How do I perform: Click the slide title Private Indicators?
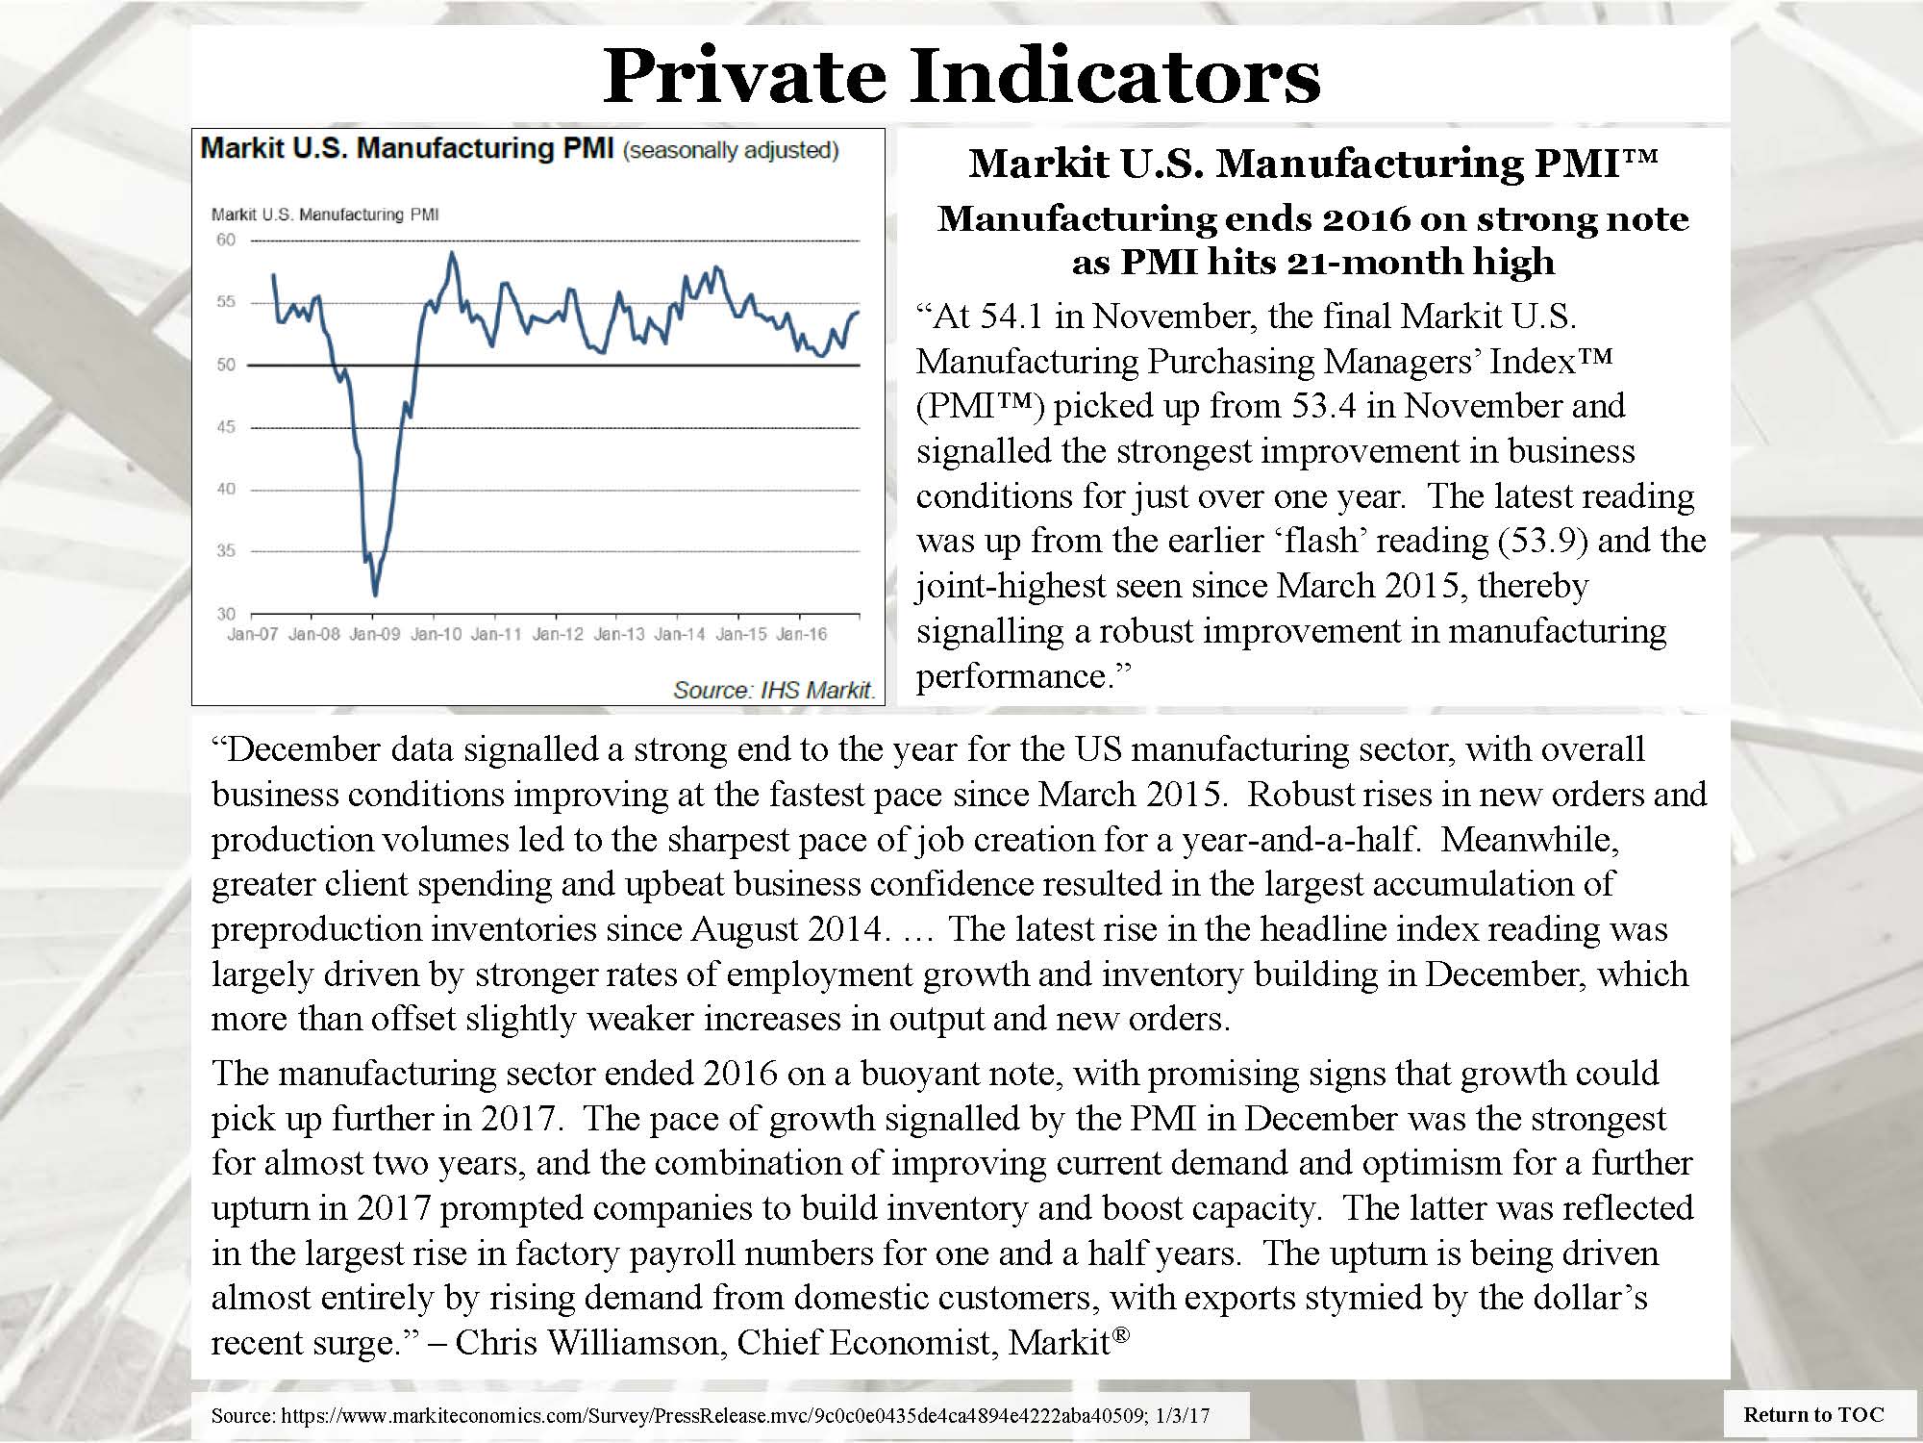tap(961, 75)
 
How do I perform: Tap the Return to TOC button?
tap(1813, 1414)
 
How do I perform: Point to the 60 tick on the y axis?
tap(225, 240)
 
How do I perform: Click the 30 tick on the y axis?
tap(225, 614)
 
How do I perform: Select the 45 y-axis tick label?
tap(225, 427)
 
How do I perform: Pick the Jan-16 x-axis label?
tap(801, 635)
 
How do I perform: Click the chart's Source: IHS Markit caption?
tap(774, 690)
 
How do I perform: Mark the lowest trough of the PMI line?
tap(374, 595)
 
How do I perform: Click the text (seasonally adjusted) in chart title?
tap(731, 151)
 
